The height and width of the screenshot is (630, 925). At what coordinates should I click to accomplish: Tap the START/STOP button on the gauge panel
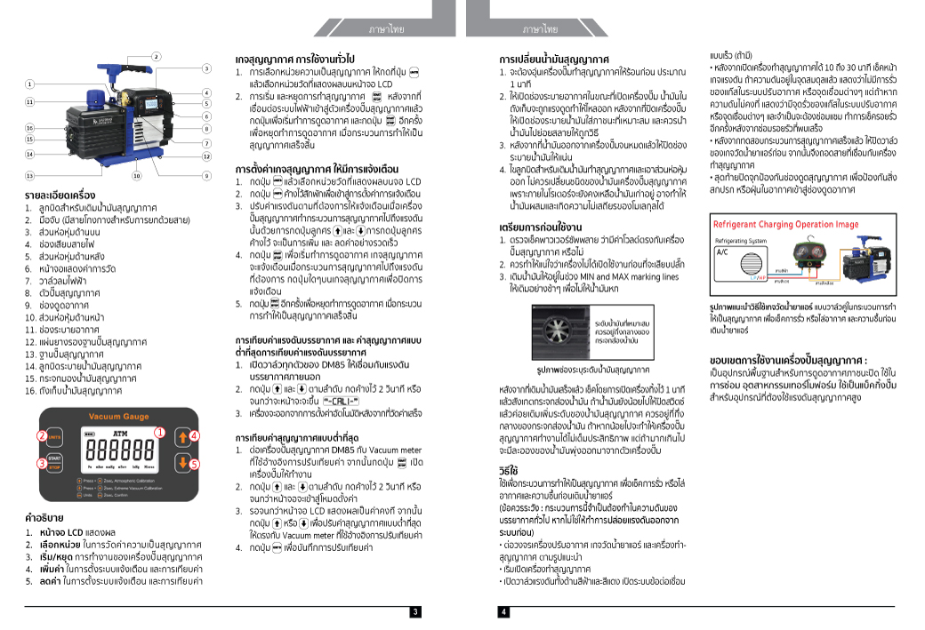54,462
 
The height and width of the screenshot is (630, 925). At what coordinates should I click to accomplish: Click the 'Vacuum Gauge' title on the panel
118,416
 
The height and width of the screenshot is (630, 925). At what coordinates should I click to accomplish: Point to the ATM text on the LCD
120,432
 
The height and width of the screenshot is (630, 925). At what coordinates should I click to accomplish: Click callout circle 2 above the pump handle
156,57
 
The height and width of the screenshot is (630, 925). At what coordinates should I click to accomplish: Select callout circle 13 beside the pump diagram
29,176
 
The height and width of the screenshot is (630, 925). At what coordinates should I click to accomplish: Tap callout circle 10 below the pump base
136,176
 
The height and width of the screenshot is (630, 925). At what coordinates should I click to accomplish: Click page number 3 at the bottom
415,612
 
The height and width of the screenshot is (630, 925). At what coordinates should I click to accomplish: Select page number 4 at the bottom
503,612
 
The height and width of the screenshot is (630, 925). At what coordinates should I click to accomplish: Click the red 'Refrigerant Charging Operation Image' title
784,224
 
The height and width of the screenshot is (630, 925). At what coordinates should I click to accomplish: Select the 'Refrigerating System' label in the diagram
741,240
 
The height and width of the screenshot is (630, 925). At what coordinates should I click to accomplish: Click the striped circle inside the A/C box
728,267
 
